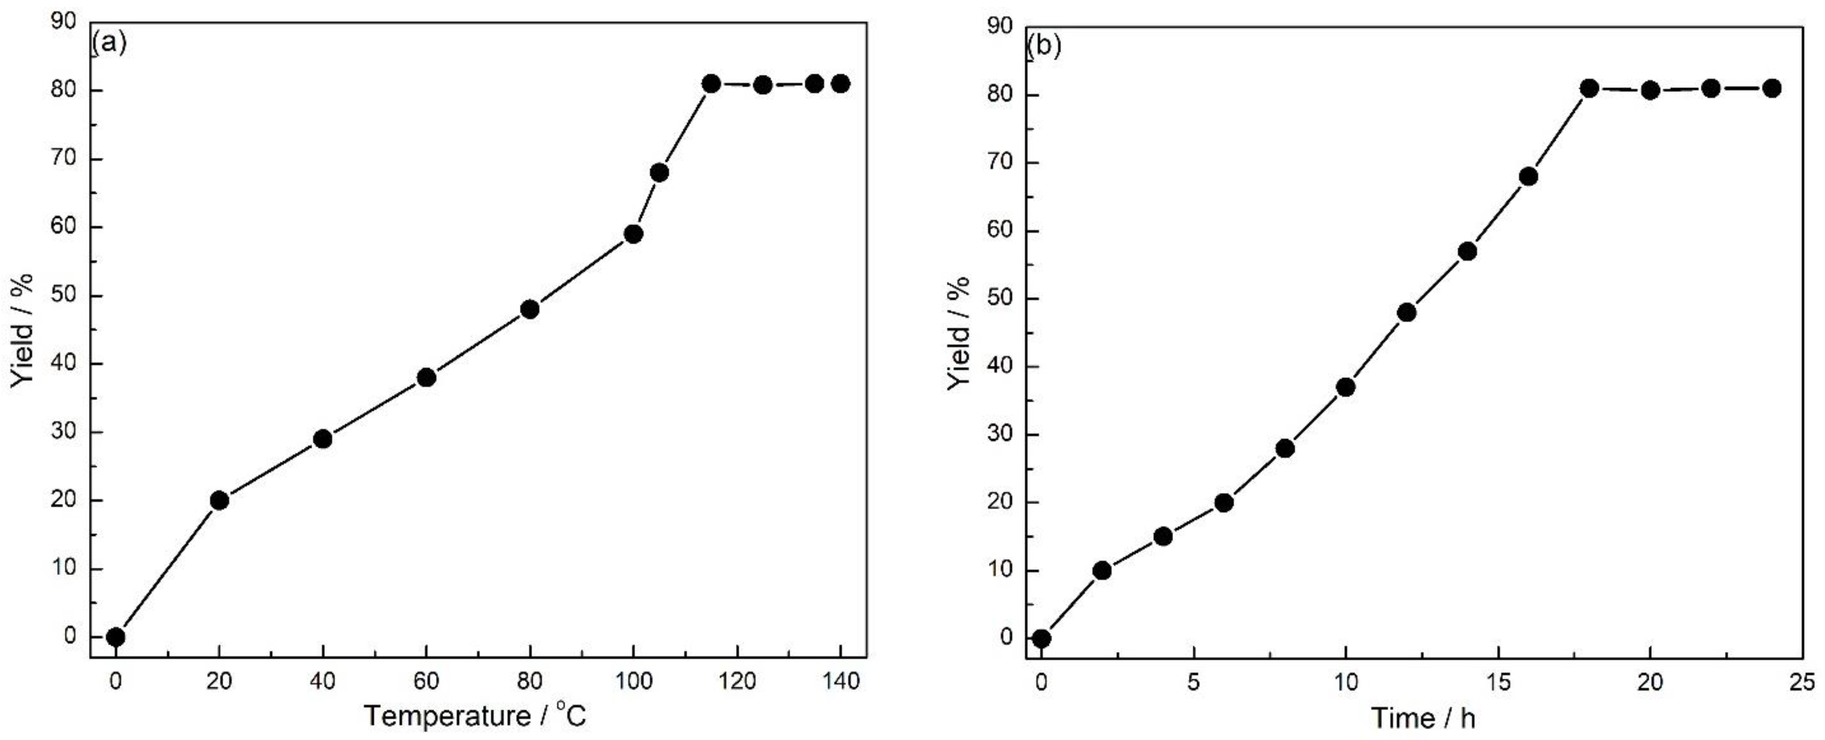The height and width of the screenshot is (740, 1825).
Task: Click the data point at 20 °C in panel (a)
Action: coord(220,501)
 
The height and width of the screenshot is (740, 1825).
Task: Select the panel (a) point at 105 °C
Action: coord(660,173)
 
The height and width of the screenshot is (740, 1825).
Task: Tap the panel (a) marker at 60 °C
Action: coord(427,378)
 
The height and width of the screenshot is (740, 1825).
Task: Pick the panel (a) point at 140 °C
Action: coord(841,84)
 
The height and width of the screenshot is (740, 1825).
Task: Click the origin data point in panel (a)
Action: coord(115,637)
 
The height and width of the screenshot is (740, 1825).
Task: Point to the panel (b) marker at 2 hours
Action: coord(1102,571)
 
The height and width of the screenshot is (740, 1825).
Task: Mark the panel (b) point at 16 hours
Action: coord(1529,177)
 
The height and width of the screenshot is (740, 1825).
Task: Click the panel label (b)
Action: coord(1044,47)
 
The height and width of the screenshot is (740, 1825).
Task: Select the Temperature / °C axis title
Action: coord(475,716)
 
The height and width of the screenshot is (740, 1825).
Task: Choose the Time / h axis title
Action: coord(1424,719)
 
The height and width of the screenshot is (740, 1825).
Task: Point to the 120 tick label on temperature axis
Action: coord(738,682)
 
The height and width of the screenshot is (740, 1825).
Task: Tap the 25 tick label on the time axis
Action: coord(1803,683)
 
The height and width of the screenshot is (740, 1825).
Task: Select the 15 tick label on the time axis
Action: coord(1498,683)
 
